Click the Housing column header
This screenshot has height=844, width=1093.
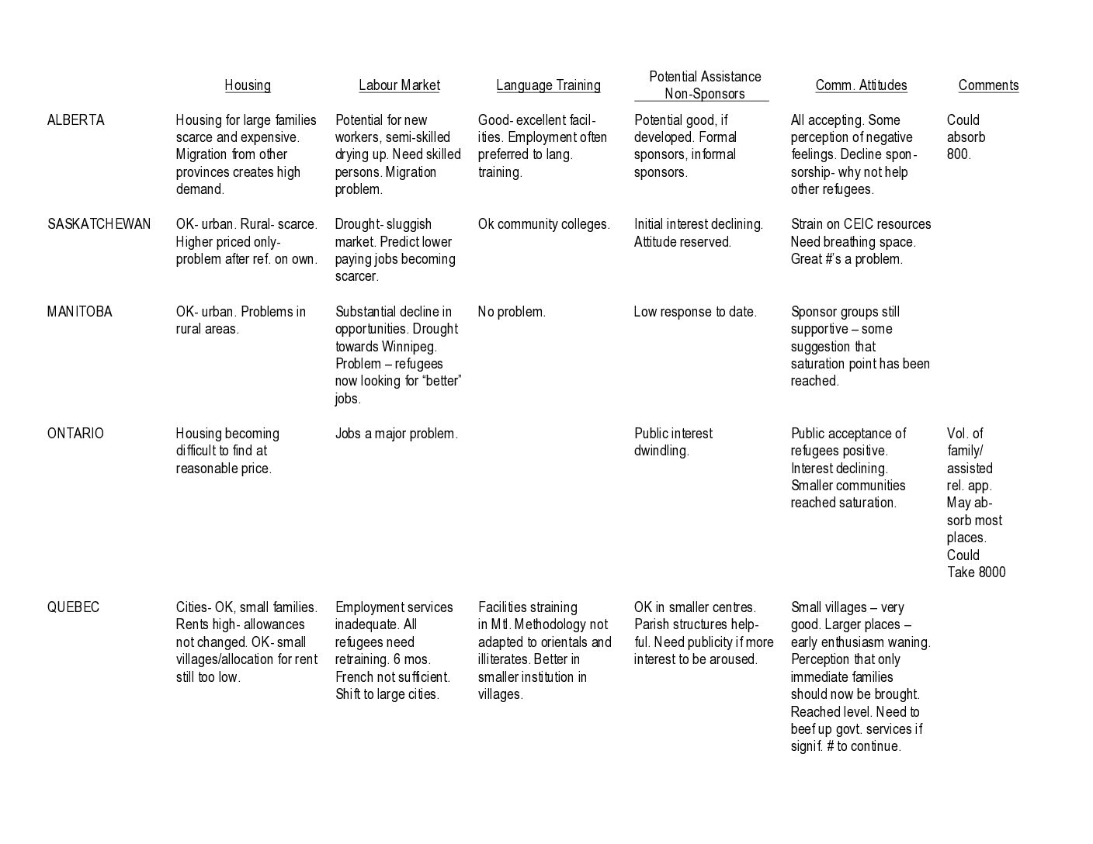[x=248, y=85]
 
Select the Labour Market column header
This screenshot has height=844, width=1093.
[x=399, y=85]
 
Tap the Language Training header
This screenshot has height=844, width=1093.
[x=548, y=85]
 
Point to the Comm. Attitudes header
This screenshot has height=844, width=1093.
[x=861, y=85]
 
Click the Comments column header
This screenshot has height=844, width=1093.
[x=988, y=85]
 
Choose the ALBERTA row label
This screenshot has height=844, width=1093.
[x=75, y=120]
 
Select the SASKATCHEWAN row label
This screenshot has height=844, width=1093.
[x=99, y=224]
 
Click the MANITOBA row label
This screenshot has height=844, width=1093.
[x=79, y=312]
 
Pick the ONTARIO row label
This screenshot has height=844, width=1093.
[x=75, y=434]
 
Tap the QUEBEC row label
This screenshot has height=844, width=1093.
[x=73, y=607]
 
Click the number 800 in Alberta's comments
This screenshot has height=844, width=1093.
[x=958, y=154]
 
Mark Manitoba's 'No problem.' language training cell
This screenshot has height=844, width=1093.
[x=512, y=312]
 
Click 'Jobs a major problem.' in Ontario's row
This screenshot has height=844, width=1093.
[x=396, y=434]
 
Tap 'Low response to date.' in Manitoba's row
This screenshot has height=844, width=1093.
[x=695, y=312]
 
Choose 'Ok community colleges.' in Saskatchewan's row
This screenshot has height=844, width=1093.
[x=543, y=224]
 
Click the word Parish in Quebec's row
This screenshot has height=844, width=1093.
[x=651, y=624]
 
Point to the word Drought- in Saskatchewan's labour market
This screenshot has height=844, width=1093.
[x=358, y=224]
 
